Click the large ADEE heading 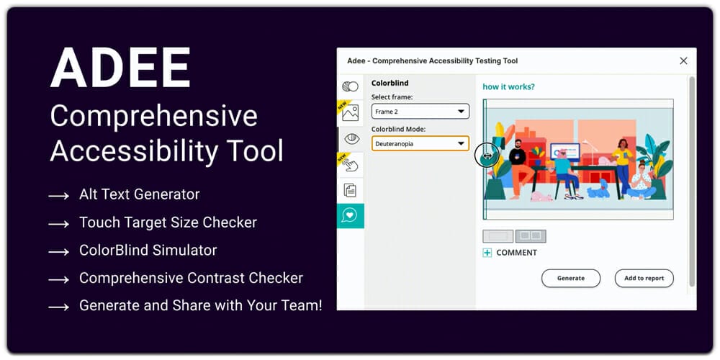click(121, 69)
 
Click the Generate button click(570, 278)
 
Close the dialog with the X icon click(683, 61)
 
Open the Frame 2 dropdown click(420, 112)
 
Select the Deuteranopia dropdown click(420, 143)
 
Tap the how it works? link click(508, 87)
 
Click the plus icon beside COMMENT click(487, 253)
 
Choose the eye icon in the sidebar click(351, 138)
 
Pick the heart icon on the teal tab click(351, 215)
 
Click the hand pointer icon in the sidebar click(351, 165)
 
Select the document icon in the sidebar click(351, 190)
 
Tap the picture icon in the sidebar click(351, 113)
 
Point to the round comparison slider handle click(486, 155)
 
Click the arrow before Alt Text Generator click(58, 196)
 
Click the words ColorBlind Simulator click(148, 251)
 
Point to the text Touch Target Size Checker click(168, 223)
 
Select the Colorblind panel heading click(390, 84)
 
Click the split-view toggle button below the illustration click(531, 235)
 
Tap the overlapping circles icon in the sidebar click(351, 86)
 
